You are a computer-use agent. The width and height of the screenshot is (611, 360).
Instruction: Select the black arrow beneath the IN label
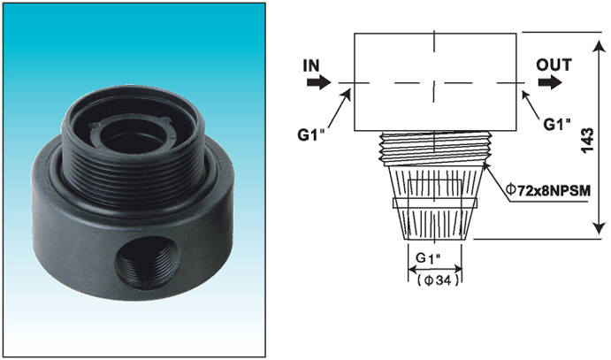(x=317, y=83)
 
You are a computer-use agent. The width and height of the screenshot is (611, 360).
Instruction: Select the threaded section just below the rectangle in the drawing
(x=434, y=146)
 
